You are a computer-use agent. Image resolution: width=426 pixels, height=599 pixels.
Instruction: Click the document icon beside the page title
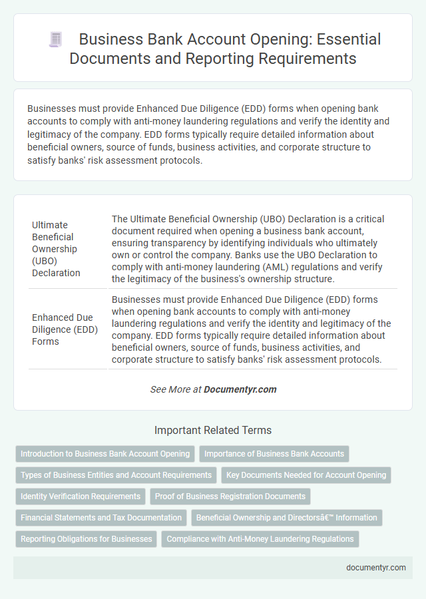click(x=55, y=40)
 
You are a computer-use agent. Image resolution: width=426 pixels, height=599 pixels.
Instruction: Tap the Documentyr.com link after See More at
click(x=240, y=389)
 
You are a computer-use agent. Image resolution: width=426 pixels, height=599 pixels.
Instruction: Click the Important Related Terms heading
click(x=213, y=430)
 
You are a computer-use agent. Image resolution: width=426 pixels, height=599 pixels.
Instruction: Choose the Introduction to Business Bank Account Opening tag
click(x=105, y=454)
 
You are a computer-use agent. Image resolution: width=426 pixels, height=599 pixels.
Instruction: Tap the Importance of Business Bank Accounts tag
click(x=274, y=454)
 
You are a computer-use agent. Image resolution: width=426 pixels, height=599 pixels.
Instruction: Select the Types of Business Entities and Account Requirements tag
click(x=116, y=475)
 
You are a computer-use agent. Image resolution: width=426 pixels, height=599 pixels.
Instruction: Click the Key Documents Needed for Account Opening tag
click(x=306, y=475)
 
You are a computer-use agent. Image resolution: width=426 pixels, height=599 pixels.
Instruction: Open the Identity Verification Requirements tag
click(x=81, y=497)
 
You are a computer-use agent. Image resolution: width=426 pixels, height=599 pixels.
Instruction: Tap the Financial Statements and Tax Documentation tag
click(x=101, y=517)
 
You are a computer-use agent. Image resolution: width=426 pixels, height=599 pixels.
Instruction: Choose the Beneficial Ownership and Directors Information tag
click(x=287, y=517)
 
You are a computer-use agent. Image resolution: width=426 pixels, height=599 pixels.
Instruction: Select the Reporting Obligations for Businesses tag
click(x=86, y=538)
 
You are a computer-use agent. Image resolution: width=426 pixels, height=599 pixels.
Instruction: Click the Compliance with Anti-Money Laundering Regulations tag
click(x=260, y=538)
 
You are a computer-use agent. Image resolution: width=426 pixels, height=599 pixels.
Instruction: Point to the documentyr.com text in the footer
click(x=376, y=568)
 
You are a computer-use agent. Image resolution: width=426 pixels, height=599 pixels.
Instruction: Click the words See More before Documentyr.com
click(x=170, y=389)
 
